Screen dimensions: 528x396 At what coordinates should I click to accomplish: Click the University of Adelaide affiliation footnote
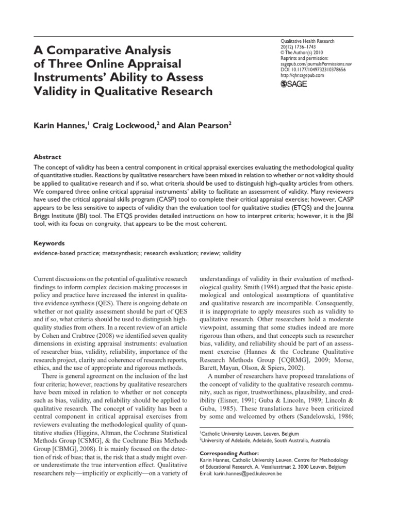coord(265,441)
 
